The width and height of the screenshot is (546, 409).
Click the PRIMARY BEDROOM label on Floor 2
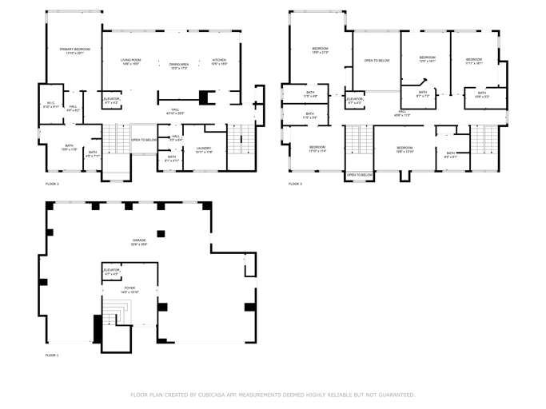click(x=74, y=50)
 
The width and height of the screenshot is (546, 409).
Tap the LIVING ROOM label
click(x=130, y=61)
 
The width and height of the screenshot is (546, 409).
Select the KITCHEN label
click(x=219, y=61)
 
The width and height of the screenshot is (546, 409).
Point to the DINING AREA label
click(x=178, y=65)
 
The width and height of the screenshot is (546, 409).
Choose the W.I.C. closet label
click(x=50, y=104)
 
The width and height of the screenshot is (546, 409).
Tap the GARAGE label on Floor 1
click(x=139, y=240)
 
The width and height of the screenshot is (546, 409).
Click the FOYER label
click(x=130, y=288)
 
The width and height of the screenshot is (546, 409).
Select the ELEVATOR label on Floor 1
click(x=111, y=270)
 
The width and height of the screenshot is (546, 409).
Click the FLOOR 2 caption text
click(x=52, y=185)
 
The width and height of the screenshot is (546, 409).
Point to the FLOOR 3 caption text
click(x=295, y=185)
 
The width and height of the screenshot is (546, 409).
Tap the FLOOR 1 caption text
click(x=52, y=355)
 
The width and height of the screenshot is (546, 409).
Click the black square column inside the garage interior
click(x=161, y=233)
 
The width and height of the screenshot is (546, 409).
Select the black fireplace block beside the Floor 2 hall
click(x=203, y=97)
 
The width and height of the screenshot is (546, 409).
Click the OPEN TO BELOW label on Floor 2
click(x=143, y=139)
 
